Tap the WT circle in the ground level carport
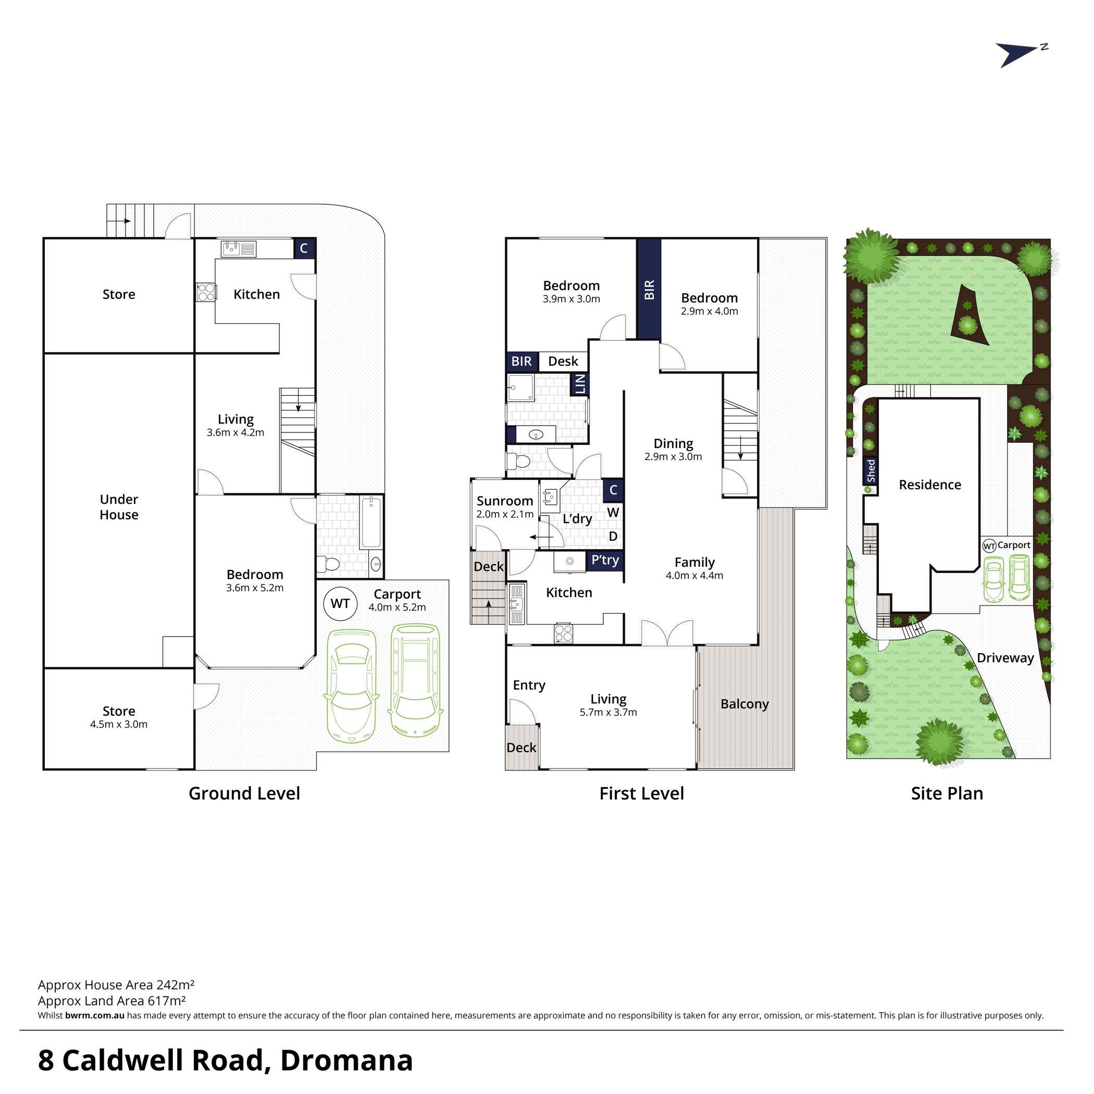click(340, 604)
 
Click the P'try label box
click(605, 560)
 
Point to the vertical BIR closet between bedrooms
click(649, 289)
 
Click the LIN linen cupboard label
click(580, 384)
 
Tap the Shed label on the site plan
click(871, 471)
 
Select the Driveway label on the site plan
click(1005, 658)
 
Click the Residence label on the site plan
click(930, 484)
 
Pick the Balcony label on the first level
click(744, 704)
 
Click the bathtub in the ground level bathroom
click(370, 522)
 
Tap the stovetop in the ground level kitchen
click(206, 292)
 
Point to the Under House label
click(119, 507)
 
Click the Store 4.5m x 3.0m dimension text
click(119, 724)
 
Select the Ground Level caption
click(244, 793)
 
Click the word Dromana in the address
click(346, 1061)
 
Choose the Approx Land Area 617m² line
click(111, 1001)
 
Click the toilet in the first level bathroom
click(518, 462)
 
